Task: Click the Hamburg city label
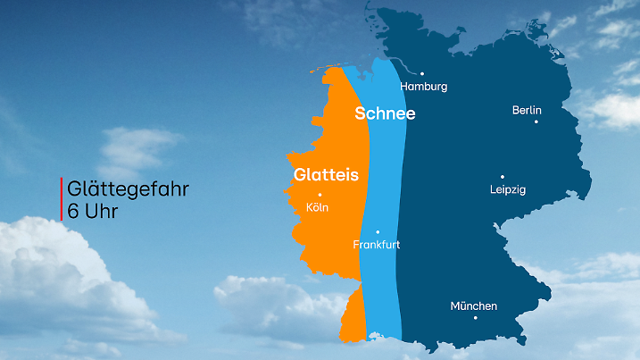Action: coord(423,87)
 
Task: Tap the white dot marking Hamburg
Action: coord(422,74)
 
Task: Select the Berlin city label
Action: coord(527,110)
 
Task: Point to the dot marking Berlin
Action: coord(536,121)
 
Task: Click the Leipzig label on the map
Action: coord(508,189)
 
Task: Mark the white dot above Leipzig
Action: coord(502,177)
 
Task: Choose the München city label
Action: coord(473,306)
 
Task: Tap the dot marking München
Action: coord(475,317)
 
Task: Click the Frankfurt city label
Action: coord(376,244)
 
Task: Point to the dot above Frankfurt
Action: coord(378,231)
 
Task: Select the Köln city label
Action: coord(317,207)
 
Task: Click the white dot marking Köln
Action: coord(320,195)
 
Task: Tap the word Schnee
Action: coord(385,113)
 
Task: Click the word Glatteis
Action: coord(326,175)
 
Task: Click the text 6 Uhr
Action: coord(93,213)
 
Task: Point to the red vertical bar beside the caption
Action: coord(62,199)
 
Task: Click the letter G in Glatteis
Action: coord(300,175)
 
